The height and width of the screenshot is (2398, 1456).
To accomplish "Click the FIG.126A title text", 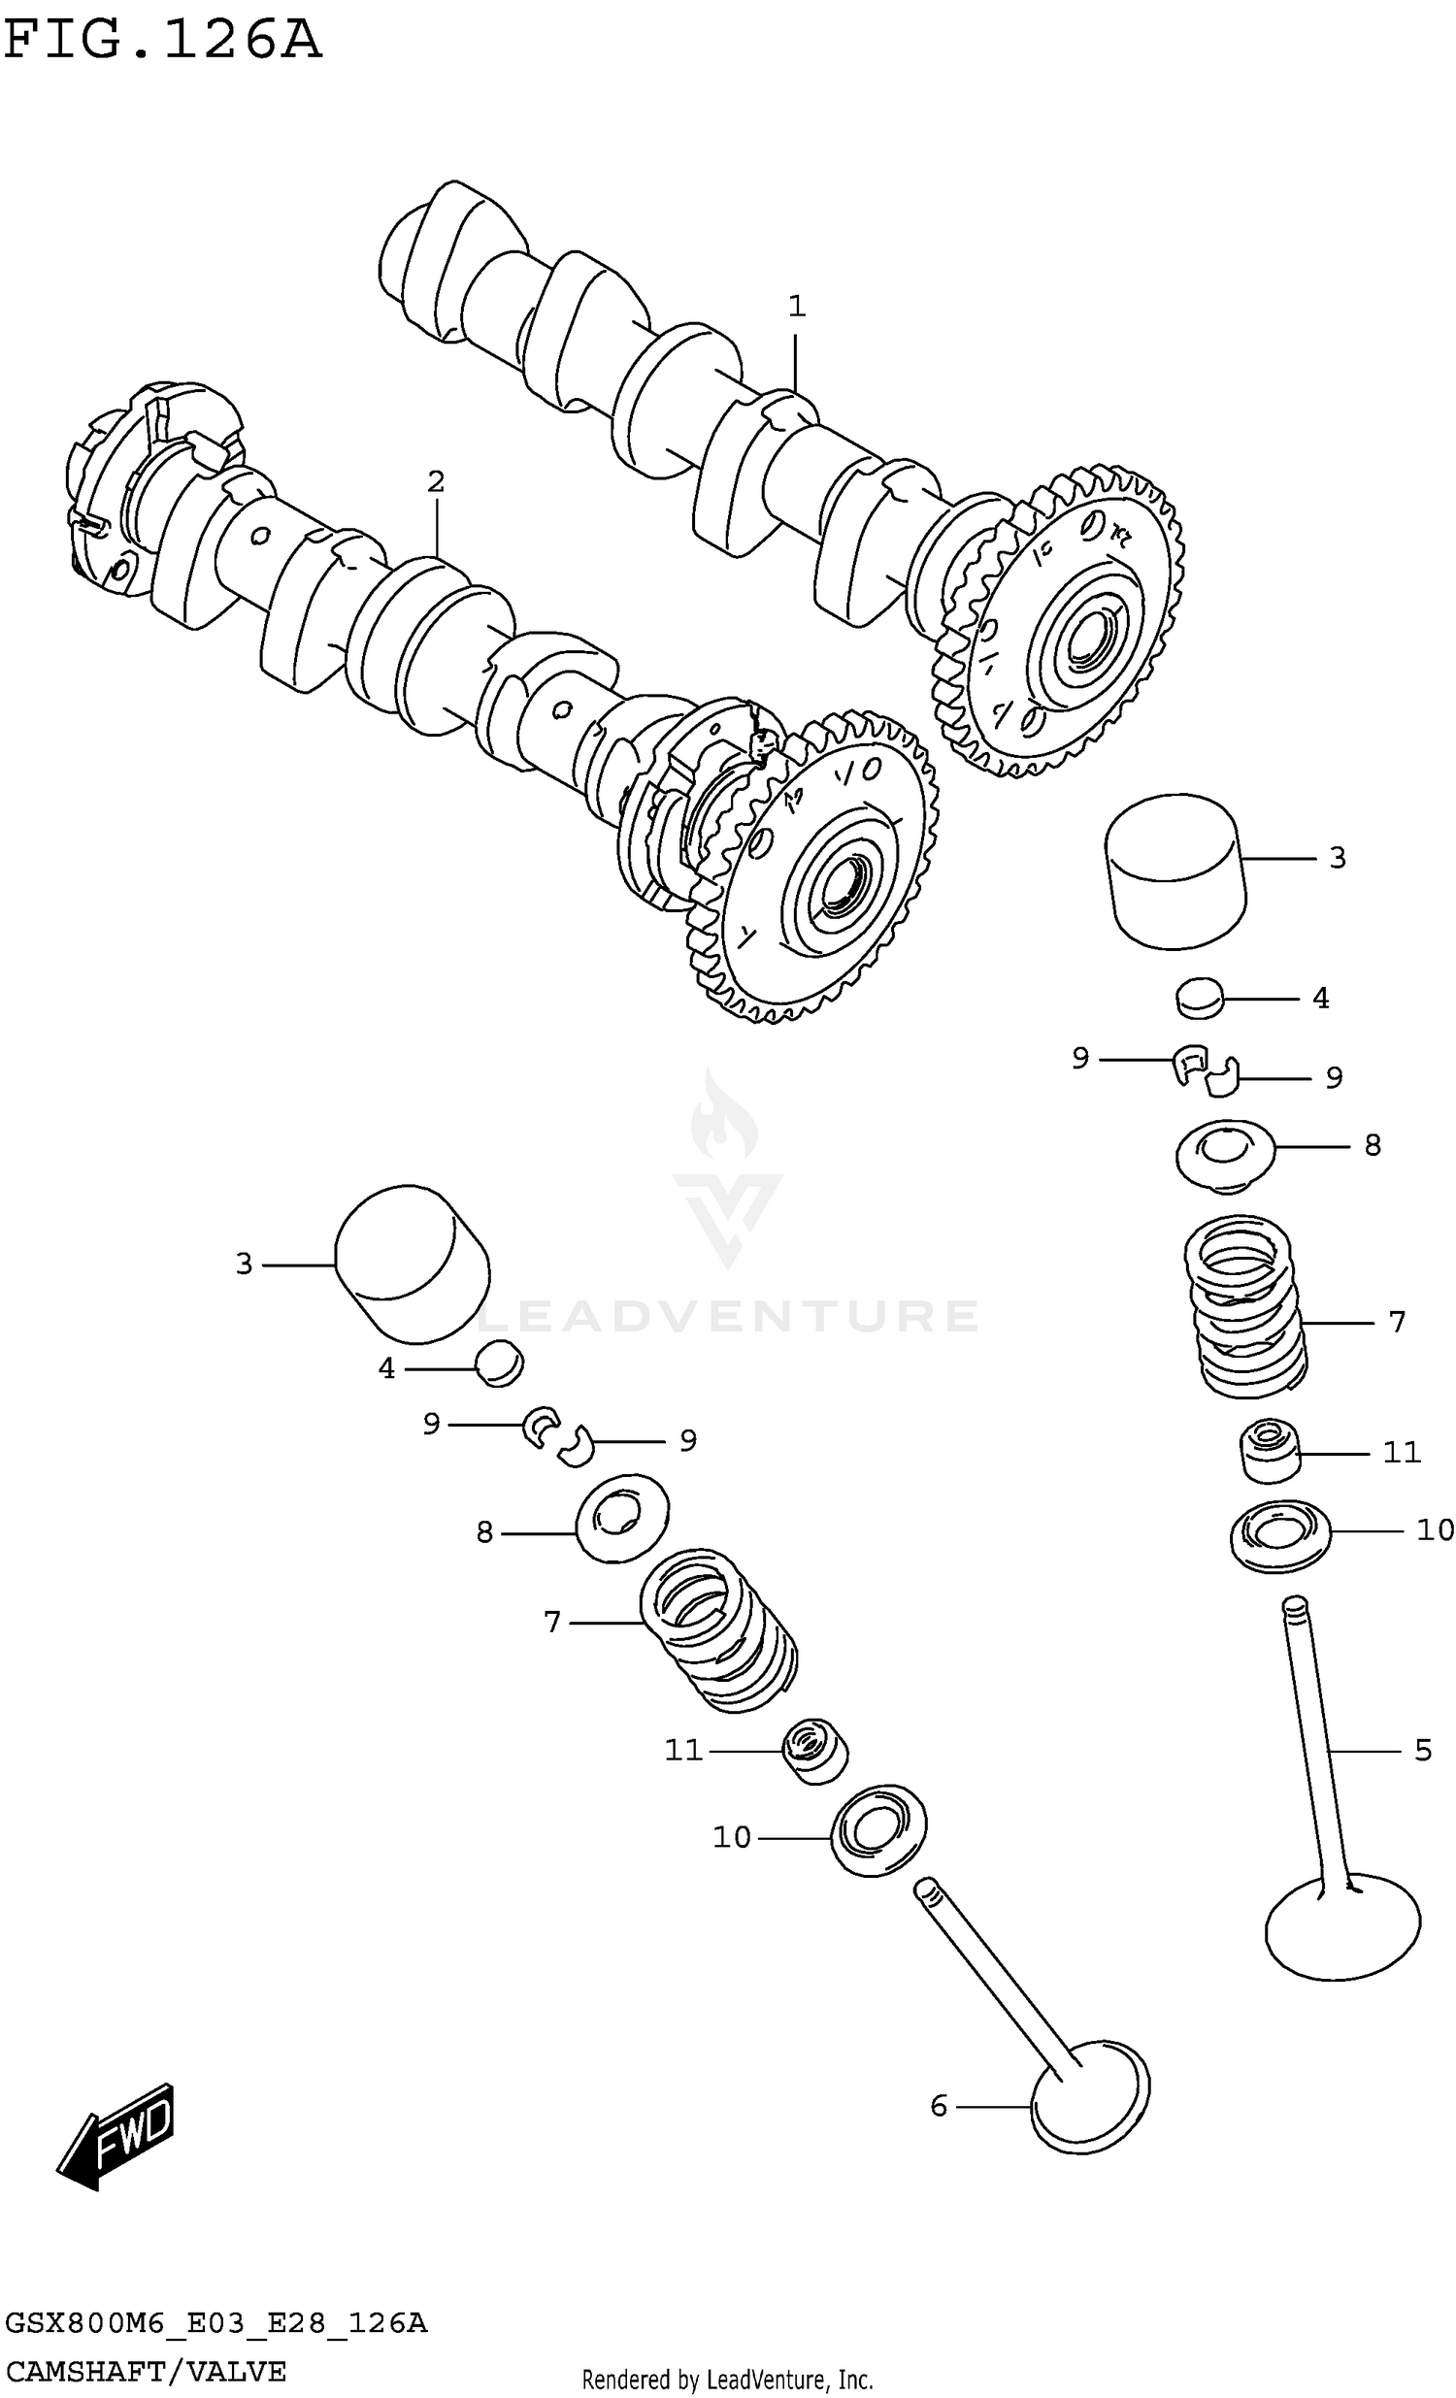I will tap(161, 41).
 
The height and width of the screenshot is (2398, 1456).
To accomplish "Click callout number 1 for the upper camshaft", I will tap(796, 307).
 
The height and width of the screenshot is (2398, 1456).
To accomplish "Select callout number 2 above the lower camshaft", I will tap(435, 480).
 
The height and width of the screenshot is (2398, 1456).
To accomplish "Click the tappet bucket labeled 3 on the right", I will tap(1175, 871).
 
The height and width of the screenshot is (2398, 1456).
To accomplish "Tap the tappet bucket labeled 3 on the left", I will tap(412, 1263).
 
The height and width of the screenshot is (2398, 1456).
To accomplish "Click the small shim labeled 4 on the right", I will tap(1199, 999).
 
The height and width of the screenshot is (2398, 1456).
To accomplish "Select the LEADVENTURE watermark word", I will tap(727, 1316).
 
